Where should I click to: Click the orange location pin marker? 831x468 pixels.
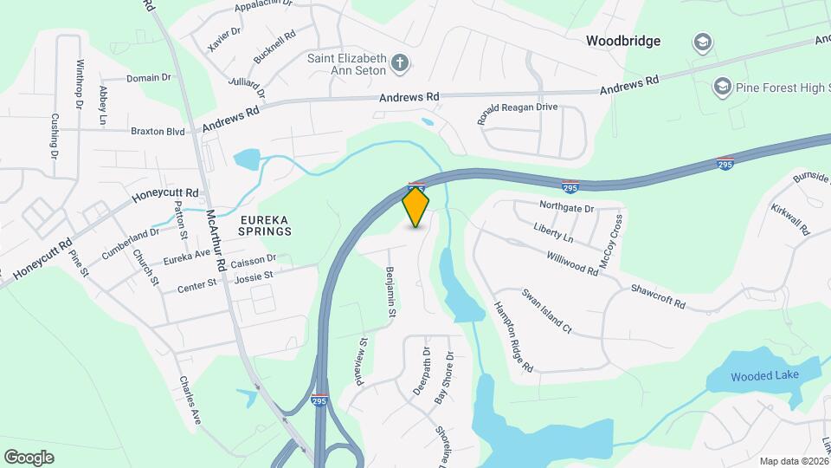click(x=415, y=206)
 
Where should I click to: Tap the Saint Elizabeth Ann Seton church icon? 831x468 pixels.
click(x=399, y=62)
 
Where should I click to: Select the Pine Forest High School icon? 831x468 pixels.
click(x=721, y=87)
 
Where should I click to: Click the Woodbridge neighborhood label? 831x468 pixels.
click(x=622, y=41)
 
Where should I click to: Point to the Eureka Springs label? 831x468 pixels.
click(x=255, y=226)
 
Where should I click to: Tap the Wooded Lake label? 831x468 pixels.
click(x=764, y=376)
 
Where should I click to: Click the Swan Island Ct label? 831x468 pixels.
click(x=546, y=313)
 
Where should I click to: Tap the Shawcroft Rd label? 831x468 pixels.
click(x=658, y=296)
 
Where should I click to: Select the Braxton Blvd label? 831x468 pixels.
click(x=158, y=132)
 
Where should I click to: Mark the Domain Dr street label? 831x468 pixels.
click(x=148, y=78)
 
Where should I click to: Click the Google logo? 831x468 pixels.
click(x=29, y=457)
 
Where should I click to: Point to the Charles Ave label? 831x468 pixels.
click(x=190, y=400)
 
